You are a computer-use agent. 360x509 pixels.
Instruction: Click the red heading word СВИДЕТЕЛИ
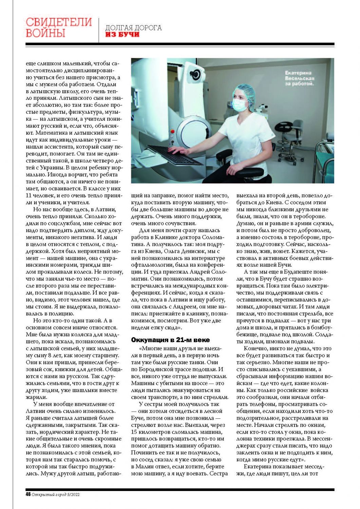point(59,22)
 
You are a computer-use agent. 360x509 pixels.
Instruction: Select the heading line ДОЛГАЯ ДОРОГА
point(133,27)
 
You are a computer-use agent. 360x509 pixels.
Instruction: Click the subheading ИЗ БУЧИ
point(122,35)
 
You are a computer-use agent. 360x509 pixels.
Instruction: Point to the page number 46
point(28,494)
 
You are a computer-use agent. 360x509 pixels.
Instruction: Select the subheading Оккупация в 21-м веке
point(170,340)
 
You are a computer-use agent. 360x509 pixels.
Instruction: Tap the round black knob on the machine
point(196,74)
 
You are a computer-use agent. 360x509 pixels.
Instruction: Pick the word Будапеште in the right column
point(293,272)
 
